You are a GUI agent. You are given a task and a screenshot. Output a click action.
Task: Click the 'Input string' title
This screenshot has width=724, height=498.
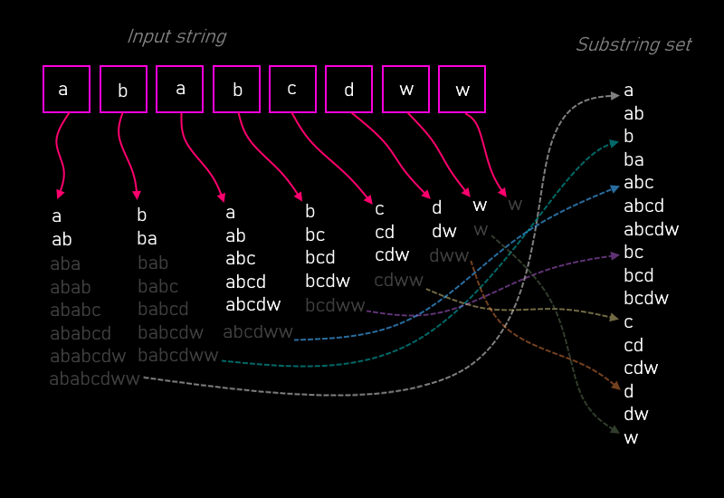point(176,37)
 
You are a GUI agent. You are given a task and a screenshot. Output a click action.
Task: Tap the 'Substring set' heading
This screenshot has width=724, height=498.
point(633,44)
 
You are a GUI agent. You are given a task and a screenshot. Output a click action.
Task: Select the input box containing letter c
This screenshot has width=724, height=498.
point(292,90)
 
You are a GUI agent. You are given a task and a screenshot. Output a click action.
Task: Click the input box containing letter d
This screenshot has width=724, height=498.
point(348,90)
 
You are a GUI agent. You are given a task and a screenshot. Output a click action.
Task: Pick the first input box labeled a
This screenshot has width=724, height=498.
point(66,90)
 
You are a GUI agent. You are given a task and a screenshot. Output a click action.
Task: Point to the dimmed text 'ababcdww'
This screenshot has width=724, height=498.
point(94,379)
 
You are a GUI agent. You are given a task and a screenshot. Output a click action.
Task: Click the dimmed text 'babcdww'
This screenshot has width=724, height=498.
point(177,356)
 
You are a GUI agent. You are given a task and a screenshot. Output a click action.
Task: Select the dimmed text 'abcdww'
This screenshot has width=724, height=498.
point(258,332)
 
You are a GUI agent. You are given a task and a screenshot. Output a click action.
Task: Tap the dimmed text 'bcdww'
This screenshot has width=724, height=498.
point(335,305)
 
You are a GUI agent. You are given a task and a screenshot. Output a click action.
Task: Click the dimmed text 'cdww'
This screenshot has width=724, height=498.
point(398,281)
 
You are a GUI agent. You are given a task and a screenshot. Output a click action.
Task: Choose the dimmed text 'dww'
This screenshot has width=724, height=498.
point(449,256)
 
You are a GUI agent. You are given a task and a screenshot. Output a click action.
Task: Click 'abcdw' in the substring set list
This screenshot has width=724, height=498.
point(651,229)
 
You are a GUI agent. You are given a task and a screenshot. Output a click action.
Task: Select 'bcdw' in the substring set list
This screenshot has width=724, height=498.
point(646,299)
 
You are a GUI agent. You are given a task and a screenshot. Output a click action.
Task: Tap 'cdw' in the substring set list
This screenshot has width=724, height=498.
point(641,368)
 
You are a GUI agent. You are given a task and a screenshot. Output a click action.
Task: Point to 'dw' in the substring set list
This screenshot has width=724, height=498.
point(636,414)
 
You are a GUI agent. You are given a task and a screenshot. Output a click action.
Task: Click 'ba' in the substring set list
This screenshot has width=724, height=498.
point(633,160)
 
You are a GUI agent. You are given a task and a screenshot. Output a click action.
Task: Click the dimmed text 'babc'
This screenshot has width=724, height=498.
point(158,287)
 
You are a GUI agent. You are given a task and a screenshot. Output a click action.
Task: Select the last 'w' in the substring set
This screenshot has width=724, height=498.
point(631,438)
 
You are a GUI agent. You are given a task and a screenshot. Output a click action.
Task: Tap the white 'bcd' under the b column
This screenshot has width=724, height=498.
point(319,257)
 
